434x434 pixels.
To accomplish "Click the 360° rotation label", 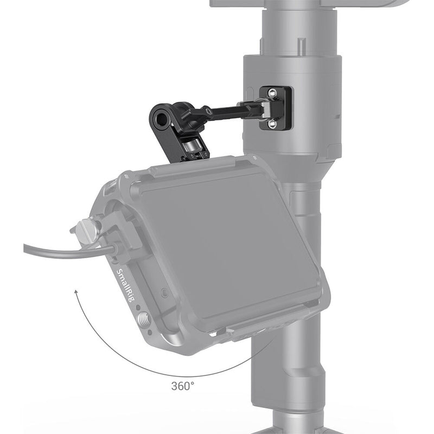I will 182,386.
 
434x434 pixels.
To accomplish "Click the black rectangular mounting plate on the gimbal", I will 276,108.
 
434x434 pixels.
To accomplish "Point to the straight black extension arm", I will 228,112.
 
